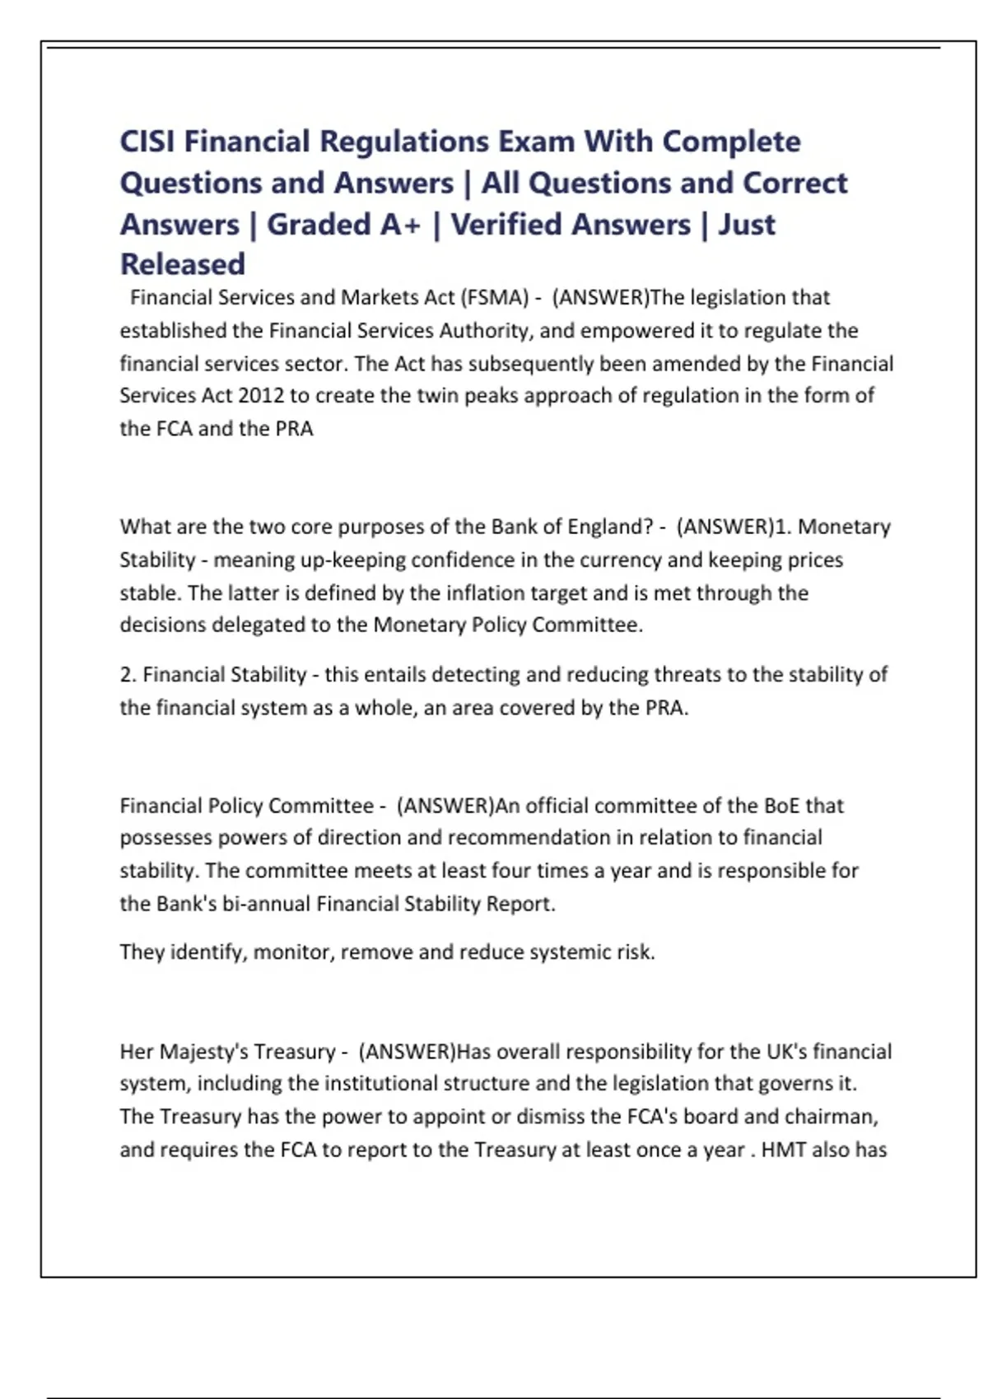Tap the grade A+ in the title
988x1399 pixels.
coord(400,224)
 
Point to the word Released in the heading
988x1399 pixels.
coord(183,264)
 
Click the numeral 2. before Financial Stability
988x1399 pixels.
coord(128,675)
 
